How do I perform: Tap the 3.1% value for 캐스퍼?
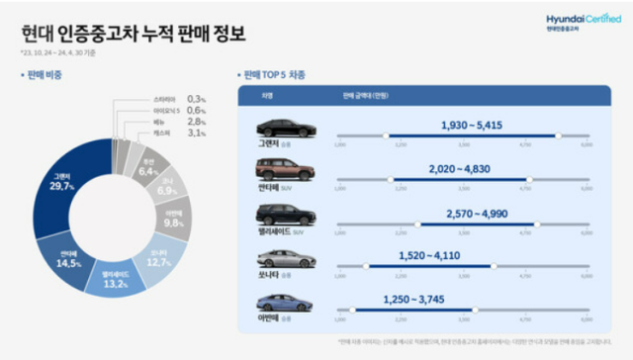point(200,133)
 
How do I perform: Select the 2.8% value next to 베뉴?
point(200,122)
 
